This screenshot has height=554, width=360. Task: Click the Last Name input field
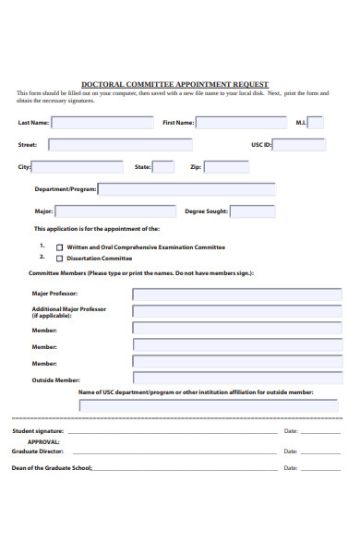(x=102, y=122)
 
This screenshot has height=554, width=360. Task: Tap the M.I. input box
(x=315, y=122)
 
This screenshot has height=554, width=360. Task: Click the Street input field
(x=120, y=144)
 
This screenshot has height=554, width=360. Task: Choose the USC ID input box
(x=298, y=144)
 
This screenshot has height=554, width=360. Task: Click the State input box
(x=163, y=167)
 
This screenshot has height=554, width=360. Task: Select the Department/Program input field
(x=186, y=189)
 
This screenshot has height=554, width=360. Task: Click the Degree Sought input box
(x=252, y=211)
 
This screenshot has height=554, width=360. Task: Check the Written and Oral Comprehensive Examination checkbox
(x=61, y=247)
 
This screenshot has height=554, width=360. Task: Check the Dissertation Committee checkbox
(x=61, y=259)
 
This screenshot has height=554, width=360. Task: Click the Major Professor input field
(x=236, y=295)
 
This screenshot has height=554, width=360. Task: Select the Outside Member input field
(x=236, y=379)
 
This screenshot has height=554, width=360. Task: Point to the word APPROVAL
(x=44, y=441)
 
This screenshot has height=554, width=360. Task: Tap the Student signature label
(x=38, y=431)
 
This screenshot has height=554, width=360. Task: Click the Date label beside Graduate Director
(x=290, y=452)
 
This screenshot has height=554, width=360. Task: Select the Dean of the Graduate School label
(x=52, y=468)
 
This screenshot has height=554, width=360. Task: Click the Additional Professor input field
(x=236, y=311)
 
